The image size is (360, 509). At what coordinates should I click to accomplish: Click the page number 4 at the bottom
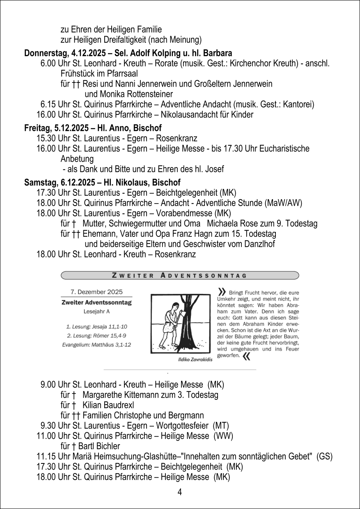click(180, 492)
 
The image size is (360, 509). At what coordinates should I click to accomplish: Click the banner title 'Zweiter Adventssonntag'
click(179, 275)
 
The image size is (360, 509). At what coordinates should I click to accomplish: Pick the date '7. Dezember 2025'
click(96, 292)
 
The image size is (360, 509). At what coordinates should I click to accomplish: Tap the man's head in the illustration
click(175, 307)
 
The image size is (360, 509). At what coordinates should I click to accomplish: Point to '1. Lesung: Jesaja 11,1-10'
click(96, 327)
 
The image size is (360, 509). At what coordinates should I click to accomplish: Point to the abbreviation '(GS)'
click(324, 456)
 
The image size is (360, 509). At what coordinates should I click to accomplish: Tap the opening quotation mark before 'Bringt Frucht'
click(222, 291)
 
